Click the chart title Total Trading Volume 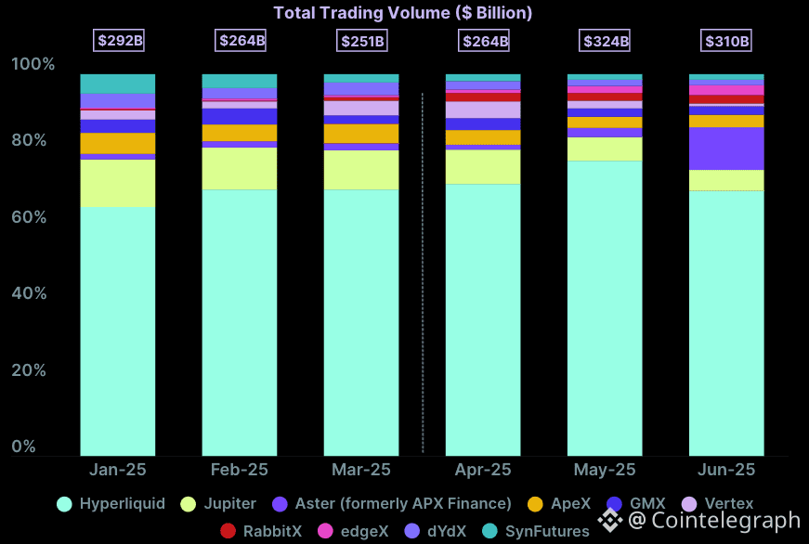[x=402, y=13]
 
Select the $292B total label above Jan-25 [x=118, y=41]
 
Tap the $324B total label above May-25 [x=606, y=41]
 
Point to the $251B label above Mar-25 [x=361, y=41]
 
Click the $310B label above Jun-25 [x=725, y=41]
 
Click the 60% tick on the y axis [x=33, y=217]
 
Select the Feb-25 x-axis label [x=239, y=471]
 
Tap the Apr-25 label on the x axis [x=482, y=471]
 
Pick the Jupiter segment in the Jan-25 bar [x=118, y=183]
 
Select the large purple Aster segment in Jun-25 [x=726, y=149]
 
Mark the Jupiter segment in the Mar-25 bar [x=360, y=170]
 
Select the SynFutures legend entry [x=536, y=532]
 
